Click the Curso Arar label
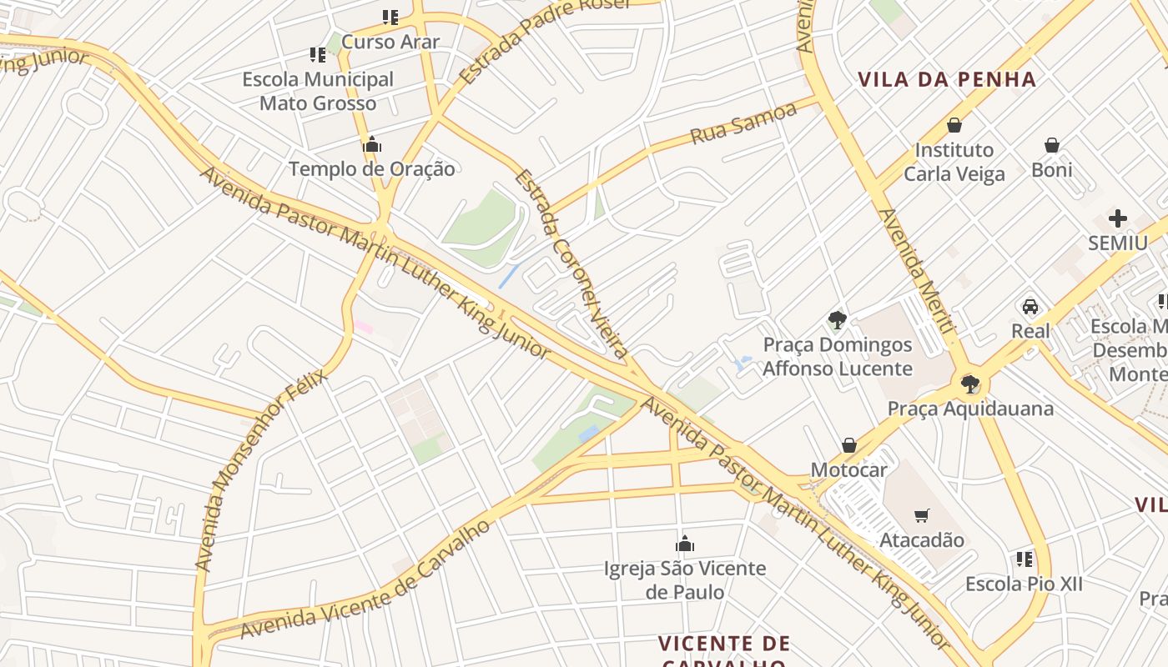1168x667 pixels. (x=390, y=41)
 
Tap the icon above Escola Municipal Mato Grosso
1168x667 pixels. (x=317, y=55)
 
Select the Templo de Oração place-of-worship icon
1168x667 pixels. (x=372, y=145)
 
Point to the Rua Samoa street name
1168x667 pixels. (x=743, y=124)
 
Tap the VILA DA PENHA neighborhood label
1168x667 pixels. (x=947, y=80)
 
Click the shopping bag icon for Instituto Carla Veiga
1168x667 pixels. (x=954, y=125)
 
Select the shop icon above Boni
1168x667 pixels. (x=1052, y=145)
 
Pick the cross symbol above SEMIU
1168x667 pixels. (x=1118, y=218)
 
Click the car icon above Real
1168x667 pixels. (x=1030, y=306)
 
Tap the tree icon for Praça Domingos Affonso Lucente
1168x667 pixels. (x=837, y=319)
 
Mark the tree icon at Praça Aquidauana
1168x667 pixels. (x=969, y=384)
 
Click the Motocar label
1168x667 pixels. (x=849, y=469)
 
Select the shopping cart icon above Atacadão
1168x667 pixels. (x=922, y=515)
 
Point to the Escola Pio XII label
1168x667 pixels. (x=1024, y=584)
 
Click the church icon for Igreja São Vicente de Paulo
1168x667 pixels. (x=685, y=544)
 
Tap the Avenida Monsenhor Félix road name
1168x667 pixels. (x=260, y=471)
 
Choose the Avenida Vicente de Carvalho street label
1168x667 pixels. (x=366, y=580)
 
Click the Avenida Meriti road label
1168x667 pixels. (x=915, y=272)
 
